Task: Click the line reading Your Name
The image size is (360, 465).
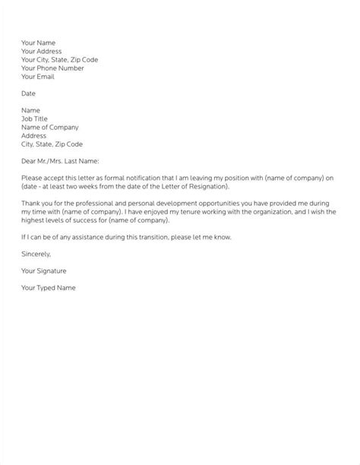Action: (x=38, y=43)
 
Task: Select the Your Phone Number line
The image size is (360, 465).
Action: (x=54, y=68)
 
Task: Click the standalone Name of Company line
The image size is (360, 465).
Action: (x=50, y=127)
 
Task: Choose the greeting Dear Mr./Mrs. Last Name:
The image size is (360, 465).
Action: (x=61, y=161)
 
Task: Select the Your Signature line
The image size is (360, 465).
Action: (x=44, y=271)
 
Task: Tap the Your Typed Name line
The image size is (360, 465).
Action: (x=49, y=288)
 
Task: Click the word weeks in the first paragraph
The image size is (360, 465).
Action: (x=93, y=186)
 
